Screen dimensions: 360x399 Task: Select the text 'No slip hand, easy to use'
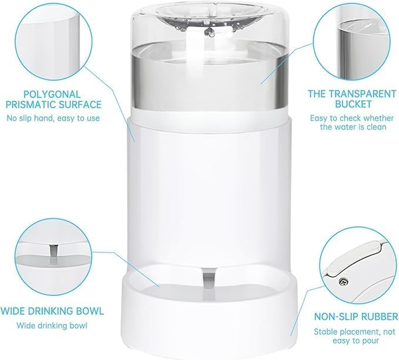click(53, 118)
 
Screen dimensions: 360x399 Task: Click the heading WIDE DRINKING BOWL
click(52, 311)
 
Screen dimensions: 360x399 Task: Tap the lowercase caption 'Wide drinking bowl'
click(52, 325)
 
